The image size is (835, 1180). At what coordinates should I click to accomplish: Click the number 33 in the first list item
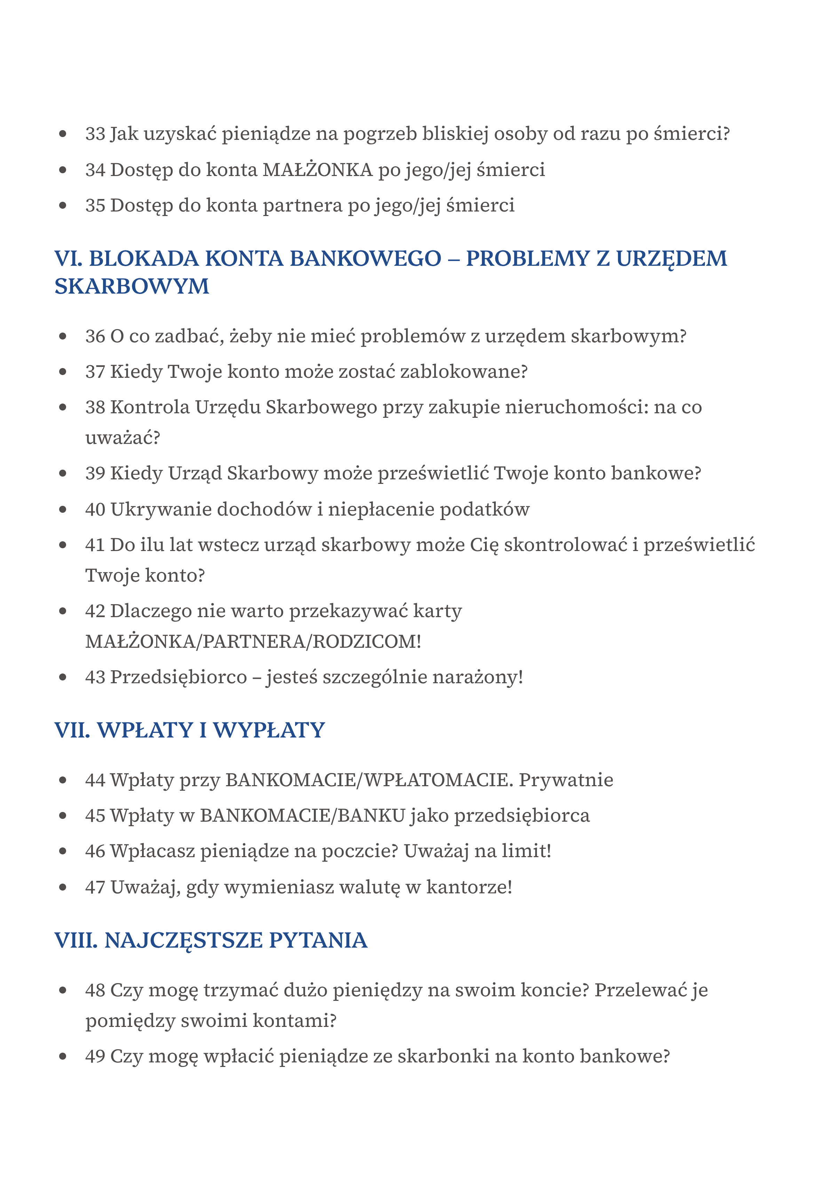pyautogui.click(x=95, y=134)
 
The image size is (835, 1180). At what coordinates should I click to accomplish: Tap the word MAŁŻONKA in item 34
pyautogui.click(x=317, y=170)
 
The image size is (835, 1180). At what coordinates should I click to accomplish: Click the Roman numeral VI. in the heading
pyautogui.click(x=69, y=258)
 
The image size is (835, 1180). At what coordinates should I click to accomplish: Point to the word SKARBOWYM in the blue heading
pyautogui.click(x=132, y=286)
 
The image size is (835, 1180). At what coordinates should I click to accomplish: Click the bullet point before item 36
pyautogui.click(x=63, y=336)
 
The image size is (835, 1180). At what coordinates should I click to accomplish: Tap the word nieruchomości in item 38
pyautogui.click(x=576, y=407)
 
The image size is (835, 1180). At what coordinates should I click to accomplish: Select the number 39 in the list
pyautogui.click(x=95, y=473)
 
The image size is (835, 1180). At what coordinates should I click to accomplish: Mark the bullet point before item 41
pyautogui.click(x=63, y=545)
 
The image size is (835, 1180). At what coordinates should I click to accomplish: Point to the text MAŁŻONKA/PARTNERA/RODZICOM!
pyautogui.click(x=253, y=642)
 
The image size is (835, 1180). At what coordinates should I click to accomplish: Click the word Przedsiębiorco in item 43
pyautogui.click(x=178, y=677)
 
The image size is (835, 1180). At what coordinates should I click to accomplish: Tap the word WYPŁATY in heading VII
pyautogui.click(x=269, y=730)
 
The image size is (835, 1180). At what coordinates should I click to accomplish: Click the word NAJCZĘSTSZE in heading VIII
pyautogui.click(x=184, y=940)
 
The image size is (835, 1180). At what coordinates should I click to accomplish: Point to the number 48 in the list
pyautogui.click(x=95, y=991)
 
